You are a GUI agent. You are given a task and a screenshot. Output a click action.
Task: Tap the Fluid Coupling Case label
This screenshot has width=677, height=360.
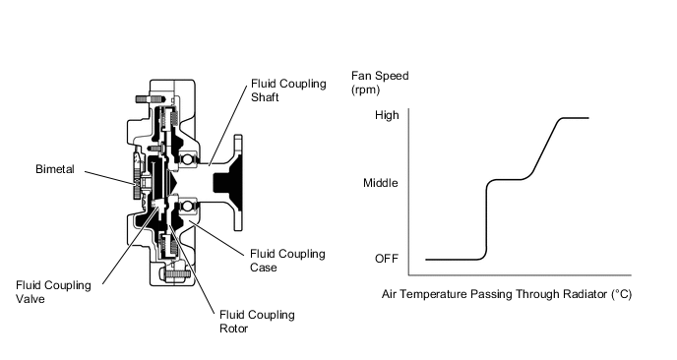tap(286, 260)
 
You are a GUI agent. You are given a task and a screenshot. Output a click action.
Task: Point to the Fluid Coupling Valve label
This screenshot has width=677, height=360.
tap(54, 292)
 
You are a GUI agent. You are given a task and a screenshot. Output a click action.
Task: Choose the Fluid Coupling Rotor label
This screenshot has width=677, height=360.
tap(254, 322)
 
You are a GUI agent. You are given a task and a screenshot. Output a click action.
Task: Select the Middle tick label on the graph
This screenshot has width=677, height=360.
tap(382, 183)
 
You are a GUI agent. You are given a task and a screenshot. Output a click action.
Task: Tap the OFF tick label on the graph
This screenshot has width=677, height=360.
tap(386, 259)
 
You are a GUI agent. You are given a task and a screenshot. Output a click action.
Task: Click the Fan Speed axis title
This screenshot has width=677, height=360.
tap(379, 75)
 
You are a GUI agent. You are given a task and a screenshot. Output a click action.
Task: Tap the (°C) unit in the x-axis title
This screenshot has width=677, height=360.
tap(620, 294)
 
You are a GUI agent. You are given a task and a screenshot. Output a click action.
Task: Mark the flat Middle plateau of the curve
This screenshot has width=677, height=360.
tap(510, 179)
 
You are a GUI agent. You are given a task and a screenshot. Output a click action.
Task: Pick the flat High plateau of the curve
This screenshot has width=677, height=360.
tap(575, 118)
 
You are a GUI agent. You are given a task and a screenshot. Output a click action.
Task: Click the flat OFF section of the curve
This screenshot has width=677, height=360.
tap(453, 260)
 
